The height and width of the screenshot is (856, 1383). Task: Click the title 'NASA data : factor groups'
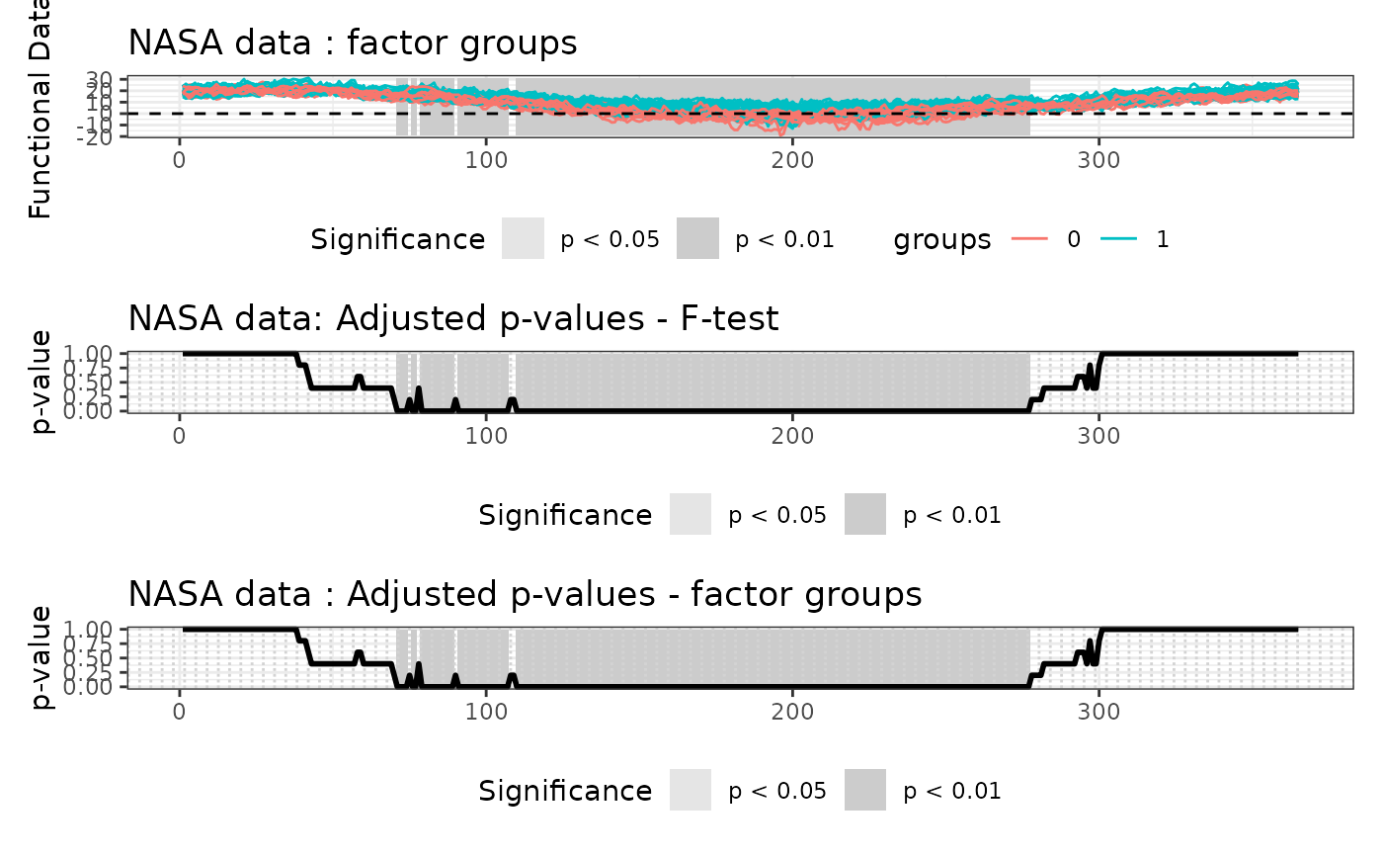tap(353, 43)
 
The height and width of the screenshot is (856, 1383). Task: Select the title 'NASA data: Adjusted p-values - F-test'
tap(453, 318)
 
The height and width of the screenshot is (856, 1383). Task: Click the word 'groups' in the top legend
tap(942, 240)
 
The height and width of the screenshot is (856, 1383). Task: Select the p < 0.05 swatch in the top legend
tap(523, 239)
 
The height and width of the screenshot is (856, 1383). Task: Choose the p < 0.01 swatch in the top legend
tap(697, 239)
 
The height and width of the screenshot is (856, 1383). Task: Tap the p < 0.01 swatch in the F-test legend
tap(865, 515)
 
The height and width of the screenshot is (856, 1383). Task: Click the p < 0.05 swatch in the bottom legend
tap(691, 791)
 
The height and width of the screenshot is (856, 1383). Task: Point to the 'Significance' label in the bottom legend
tap(565, 792)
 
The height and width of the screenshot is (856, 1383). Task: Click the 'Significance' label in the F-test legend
tap(565, 516)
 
